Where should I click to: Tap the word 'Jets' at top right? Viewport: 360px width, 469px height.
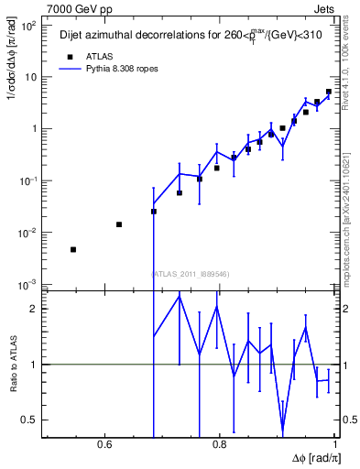click(x=326, y=8)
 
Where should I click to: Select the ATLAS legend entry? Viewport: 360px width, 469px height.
click(x=88, y=56)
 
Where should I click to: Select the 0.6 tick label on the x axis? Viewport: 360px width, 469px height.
click(x=104, y=446)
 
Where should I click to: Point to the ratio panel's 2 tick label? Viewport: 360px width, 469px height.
click(x=35, y=309)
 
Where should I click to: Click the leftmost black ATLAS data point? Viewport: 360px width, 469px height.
click(x=73, y=249)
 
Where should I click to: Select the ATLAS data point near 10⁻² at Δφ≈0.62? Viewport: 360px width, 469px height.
click(x=119, y=224)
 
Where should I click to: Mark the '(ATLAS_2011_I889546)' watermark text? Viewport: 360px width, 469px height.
click(x=190, y=272)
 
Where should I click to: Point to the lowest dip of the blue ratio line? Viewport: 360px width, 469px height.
click(x=283, y=431)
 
